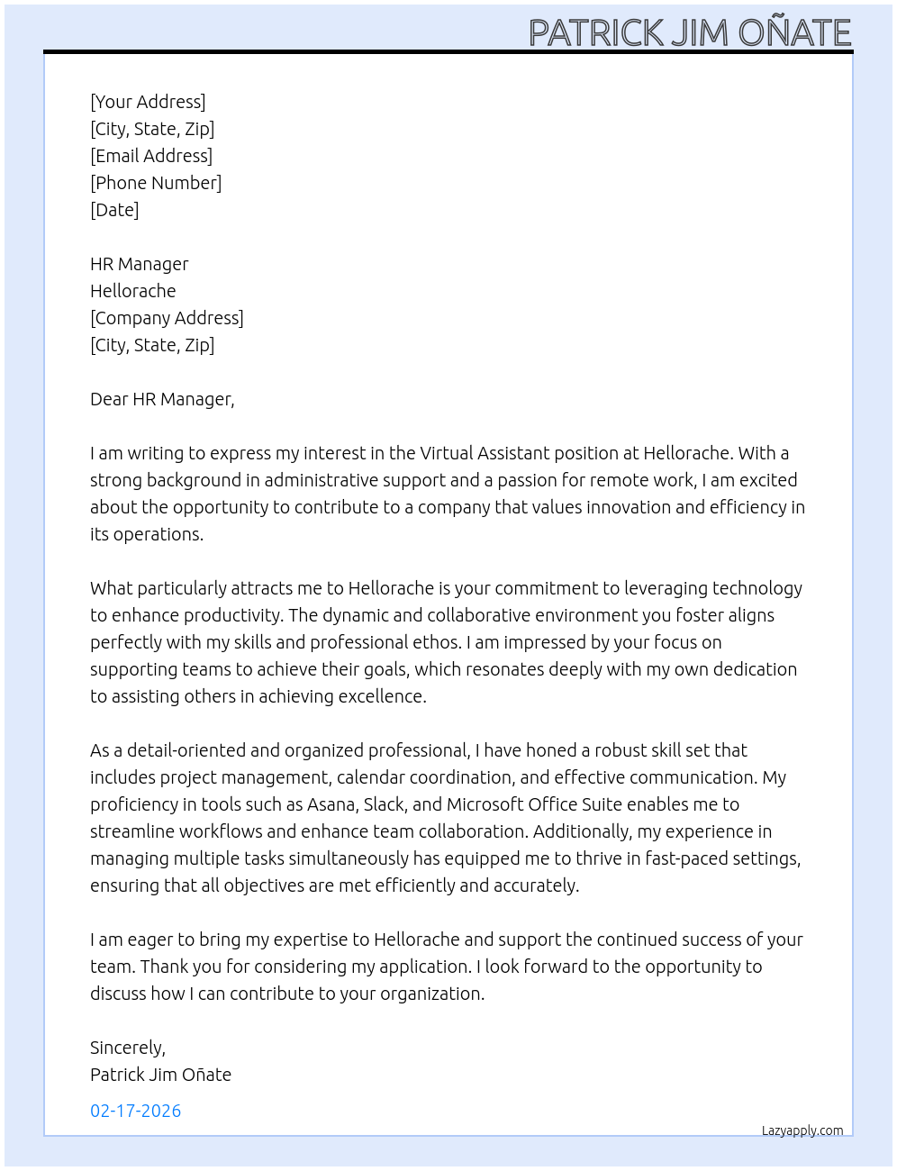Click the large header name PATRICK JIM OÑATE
point(690,32)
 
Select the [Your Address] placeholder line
point(148,102)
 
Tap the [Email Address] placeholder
point(151,156)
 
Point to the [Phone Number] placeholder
point(156,183)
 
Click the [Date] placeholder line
point(114,210)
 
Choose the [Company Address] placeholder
point(167,318)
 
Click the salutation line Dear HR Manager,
point(162,399)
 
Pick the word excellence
point(382,696)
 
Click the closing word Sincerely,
point(128,1048)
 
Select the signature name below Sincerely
point(160,1075)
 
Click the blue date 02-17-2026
point(135,1111)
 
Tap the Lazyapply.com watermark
point(802,1130)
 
